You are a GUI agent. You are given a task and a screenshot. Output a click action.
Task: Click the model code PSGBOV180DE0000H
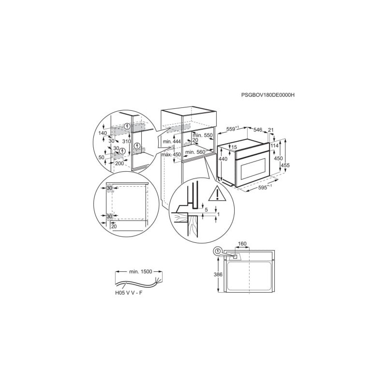(x=268, y=95)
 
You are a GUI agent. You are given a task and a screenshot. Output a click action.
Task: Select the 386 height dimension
(x=218, y=274)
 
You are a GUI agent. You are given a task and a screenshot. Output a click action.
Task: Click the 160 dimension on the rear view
(x=242, y=244)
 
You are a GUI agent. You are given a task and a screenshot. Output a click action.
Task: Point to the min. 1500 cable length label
(x=141, y=272)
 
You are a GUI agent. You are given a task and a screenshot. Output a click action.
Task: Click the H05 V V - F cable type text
(x=129, y=293)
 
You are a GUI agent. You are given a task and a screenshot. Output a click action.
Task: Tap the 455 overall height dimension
(x=285, y=165)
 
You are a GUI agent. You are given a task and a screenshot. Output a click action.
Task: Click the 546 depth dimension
(x=258, y=130)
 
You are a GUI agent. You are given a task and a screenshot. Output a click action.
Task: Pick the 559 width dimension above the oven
(x=232, y=129)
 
